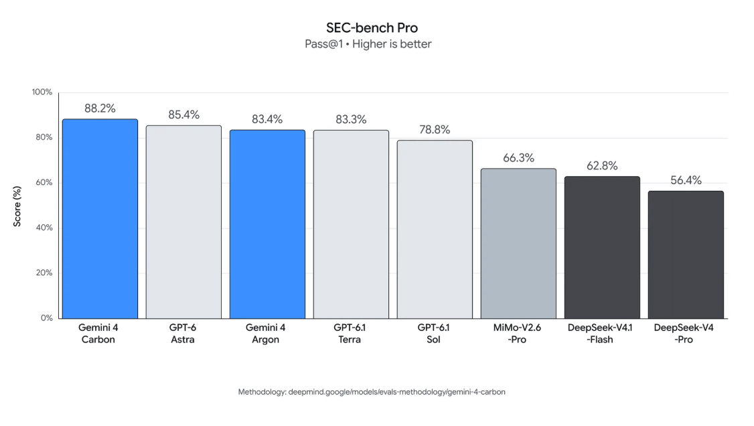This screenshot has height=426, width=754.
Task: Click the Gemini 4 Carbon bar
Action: click(100, 219)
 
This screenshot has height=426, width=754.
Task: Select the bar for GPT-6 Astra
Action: click(183, 222)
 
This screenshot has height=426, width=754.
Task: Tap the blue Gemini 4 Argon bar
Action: click(267, 224)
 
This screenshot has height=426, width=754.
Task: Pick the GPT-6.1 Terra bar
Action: click(351, 224)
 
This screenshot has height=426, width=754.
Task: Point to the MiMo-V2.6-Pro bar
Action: click(518, 243)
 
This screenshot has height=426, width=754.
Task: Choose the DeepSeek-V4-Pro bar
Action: click(686, 255)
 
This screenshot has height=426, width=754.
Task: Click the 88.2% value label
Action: click(100, 109)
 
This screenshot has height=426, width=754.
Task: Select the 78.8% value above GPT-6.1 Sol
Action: click(435, 130)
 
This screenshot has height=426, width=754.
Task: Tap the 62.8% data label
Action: click(602, 166)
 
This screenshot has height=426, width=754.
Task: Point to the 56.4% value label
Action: click(686, 180)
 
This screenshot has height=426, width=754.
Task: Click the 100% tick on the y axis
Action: click(42, 92)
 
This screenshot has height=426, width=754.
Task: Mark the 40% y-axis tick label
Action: click(44, 228)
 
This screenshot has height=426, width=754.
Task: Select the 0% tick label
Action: click(47, 317)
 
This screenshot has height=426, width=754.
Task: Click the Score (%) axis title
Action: click(17, 206)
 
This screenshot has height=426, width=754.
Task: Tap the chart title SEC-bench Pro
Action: click(372, 28)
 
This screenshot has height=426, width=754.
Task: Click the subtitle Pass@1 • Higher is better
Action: click(368, 44)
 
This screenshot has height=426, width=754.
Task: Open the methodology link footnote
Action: click(372, 392)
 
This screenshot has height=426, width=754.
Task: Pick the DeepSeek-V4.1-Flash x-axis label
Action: click(600, 333)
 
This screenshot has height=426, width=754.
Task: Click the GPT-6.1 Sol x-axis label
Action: click(433, 333)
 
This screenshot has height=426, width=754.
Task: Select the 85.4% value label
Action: click(183, 115)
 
